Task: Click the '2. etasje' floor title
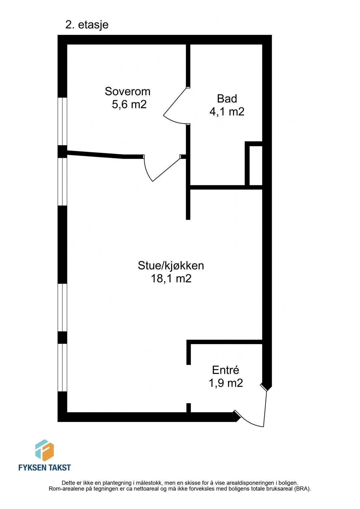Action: tap(87, 25)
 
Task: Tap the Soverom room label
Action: tap(128, 91)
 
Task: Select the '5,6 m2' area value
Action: tap(129, 105)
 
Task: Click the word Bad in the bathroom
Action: tap(227, 99)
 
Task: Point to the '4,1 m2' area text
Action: tap(227, 112)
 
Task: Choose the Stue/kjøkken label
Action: tap(171, 266)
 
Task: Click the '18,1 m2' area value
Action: tap(171, 279)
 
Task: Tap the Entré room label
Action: tap(226, 370)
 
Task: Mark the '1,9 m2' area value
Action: tap(226, 383)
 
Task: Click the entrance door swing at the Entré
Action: tap(256, 413)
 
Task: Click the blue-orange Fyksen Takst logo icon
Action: tap(44, 450)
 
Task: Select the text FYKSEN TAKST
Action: tap(44, 467)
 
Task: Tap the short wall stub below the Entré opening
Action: tap(189, 408)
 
